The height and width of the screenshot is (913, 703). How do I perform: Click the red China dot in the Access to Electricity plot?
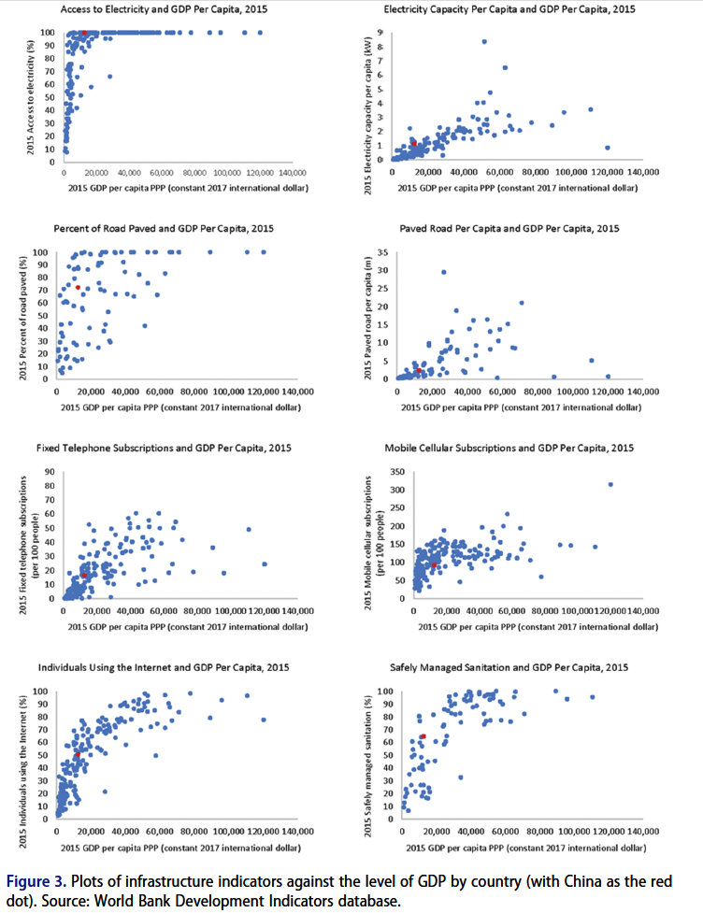point(85,33)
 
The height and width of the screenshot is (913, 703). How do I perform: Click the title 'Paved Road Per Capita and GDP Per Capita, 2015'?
point(509,229)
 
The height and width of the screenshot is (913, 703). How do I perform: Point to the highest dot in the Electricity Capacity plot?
point(484,41)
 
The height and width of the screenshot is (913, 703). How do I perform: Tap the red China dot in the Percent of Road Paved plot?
point(79,287)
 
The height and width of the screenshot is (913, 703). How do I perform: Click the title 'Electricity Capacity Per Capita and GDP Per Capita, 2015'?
point(509,9)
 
